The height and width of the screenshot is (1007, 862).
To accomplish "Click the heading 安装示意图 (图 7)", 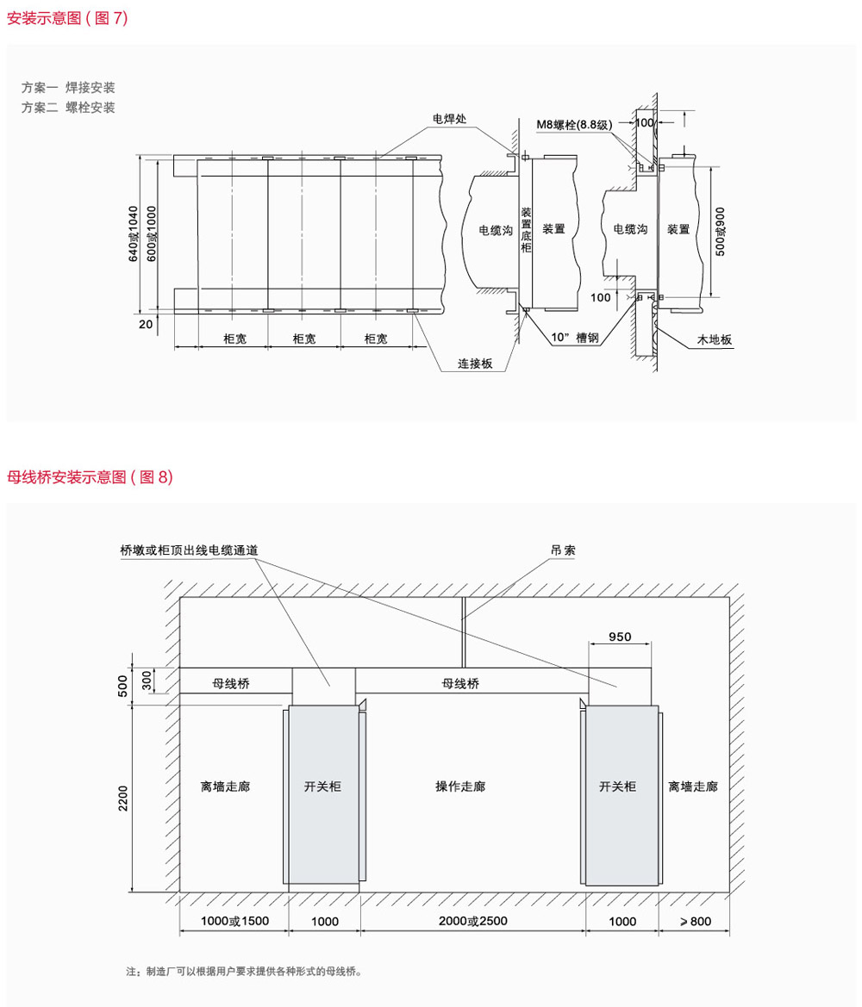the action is [67, 18].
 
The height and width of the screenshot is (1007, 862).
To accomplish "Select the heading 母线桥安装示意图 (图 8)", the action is [90, 476].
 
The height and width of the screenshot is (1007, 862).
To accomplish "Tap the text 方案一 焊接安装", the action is [68, 87].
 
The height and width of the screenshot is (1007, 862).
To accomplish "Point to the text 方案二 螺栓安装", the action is [68, 108].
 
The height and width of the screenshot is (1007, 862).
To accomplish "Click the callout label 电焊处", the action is [449, 119].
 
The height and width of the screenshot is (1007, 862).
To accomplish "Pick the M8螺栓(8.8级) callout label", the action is [575, 125].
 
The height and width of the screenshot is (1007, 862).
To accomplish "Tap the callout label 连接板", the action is [475, 364].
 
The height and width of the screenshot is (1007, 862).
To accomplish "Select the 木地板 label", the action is [715, 339].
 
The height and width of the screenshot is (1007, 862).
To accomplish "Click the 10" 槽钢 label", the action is [575, 337].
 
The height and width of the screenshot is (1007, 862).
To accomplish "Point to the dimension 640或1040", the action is [133, 233].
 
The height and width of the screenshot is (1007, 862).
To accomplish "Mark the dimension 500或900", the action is [721, 232].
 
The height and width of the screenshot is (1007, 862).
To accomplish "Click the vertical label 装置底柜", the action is [526, 229].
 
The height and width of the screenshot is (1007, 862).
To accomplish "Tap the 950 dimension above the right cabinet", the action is [620, 637].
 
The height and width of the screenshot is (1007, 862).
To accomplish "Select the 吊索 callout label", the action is [563, 550].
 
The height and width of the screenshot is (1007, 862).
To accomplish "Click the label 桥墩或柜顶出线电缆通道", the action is [189, 550].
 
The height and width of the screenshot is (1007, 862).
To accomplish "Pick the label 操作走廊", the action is [460, 786].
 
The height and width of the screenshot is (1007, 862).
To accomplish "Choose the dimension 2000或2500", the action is [473, 921].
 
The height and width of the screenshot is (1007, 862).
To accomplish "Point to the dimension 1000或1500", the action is [234, 921].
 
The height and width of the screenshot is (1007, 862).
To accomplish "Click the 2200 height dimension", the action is [122, 799].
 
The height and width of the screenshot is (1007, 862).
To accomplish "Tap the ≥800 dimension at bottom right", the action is [696, 922].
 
